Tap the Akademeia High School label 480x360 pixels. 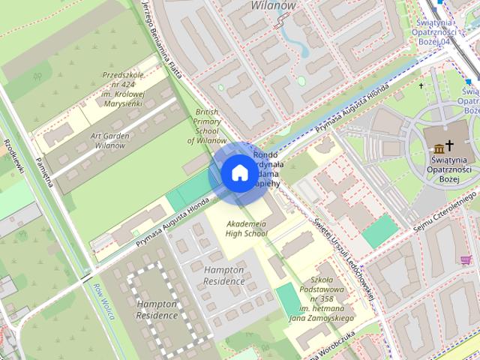(246, 229)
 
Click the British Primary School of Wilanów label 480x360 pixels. (206, 126)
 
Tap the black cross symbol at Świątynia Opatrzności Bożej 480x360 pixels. (450, 143)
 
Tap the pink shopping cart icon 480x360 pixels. (466, 260)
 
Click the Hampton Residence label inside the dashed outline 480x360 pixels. (157, 310)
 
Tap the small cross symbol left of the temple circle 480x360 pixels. (421, 85)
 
